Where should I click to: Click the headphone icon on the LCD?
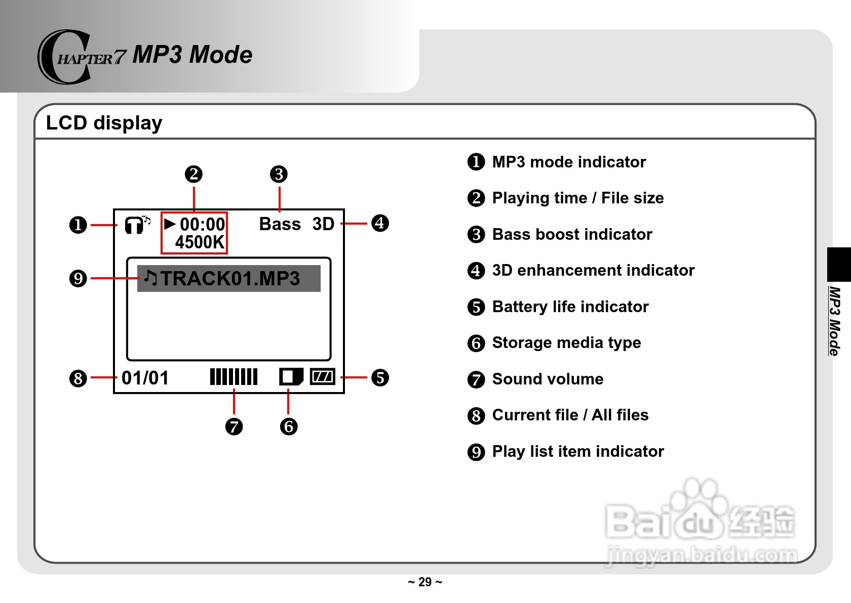tap(135, 225)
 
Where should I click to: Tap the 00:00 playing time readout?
tap(202, 224)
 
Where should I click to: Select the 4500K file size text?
tap(200, 242)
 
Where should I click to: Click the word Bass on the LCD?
tap(280, 224)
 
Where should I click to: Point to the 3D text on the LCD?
tap(323, 224)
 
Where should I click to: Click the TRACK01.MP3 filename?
tap(230, 279)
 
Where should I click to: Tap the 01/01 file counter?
tap(145, 378)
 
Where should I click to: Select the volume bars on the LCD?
tap(234, 377)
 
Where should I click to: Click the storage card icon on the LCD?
tap(291, 377)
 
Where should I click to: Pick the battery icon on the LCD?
tap(322, 376)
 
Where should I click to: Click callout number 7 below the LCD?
tap(234, 426)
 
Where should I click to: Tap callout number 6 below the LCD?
tap(289, 426)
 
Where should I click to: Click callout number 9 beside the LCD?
tap(78, 278)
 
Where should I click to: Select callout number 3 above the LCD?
tap(279, 174)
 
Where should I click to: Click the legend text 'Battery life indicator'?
tap(570, 307)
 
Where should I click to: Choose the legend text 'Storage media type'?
tap(566, 342)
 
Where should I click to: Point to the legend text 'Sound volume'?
tap(548, 379)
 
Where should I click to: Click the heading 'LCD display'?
tap(104, 123)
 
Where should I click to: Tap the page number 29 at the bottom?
tap(425, 582)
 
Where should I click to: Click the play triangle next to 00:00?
tap(170, 224)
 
